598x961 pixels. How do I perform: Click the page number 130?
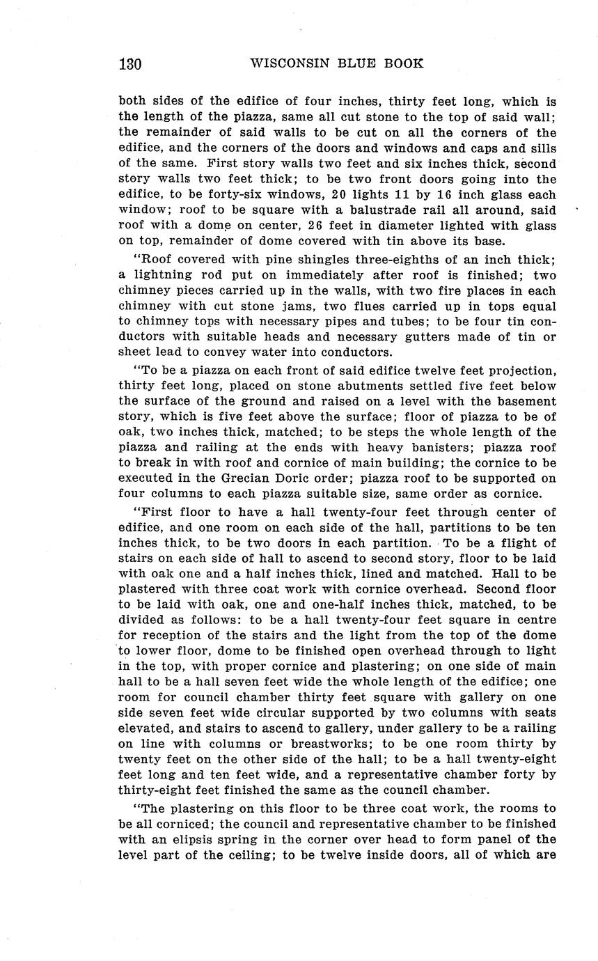[130, 64]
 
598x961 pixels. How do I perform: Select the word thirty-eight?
[165, 789]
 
